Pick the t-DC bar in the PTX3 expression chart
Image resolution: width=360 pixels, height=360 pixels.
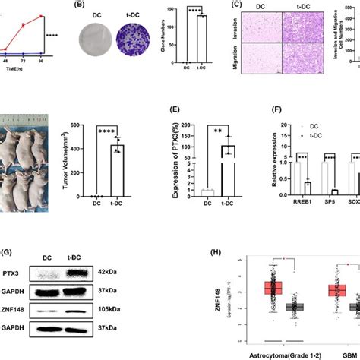[x=226, y=166]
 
